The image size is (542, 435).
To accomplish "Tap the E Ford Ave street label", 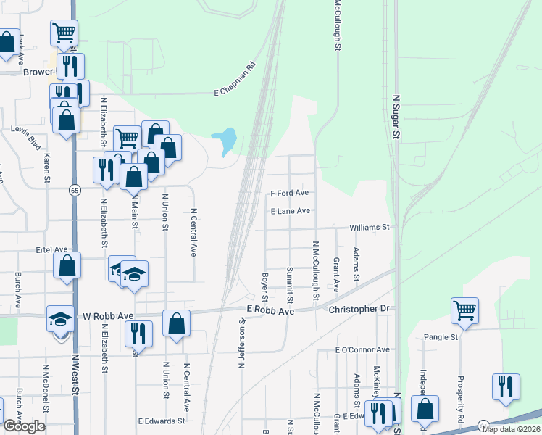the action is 290,194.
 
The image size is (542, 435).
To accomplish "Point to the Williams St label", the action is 370,227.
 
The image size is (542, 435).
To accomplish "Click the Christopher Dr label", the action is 359,309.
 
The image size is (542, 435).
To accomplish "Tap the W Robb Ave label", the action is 108,316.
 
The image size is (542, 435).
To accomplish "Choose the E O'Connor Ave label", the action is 362,349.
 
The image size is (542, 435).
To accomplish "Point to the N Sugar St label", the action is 396,115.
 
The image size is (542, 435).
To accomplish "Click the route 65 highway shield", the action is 74,190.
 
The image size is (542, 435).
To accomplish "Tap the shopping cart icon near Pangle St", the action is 464,310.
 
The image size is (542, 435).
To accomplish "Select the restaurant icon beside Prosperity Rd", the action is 506,386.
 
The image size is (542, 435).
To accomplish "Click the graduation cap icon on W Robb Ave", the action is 60,318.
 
